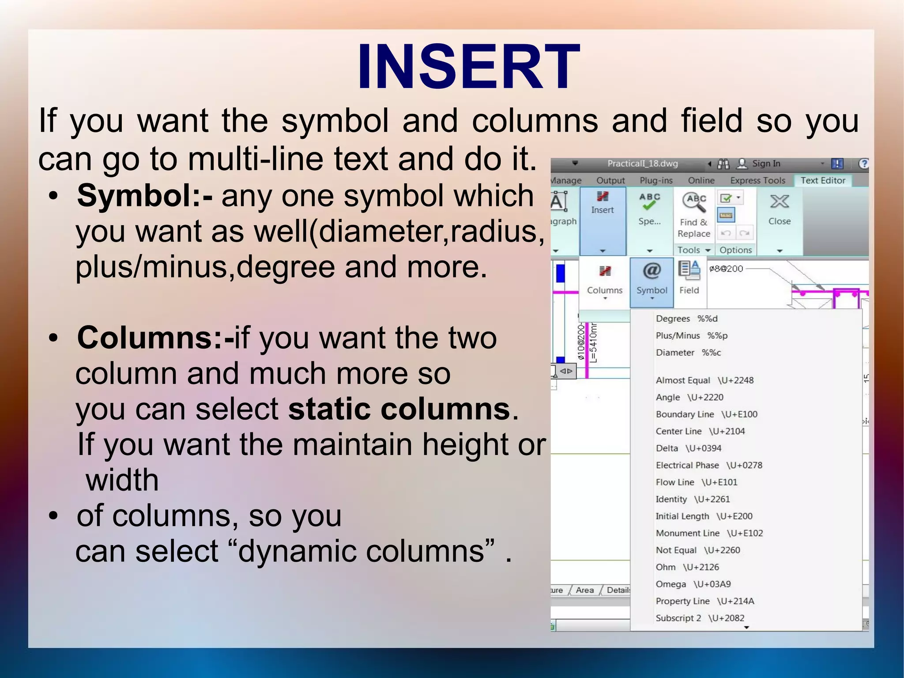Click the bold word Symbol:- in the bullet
pos(144,196)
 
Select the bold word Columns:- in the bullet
pos(155,338)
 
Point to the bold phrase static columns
pos(399,409)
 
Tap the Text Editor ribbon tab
pos(823,180)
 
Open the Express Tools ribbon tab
pos(757,180)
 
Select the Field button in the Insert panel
pos(689,278)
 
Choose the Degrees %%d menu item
pos(686,318)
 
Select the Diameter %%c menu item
pos(688,352)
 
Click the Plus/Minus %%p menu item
pos(691,336)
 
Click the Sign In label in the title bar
pos(766,163)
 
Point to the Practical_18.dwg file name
pos(642,163)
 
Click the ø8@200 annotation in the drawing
pos(726,269)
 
